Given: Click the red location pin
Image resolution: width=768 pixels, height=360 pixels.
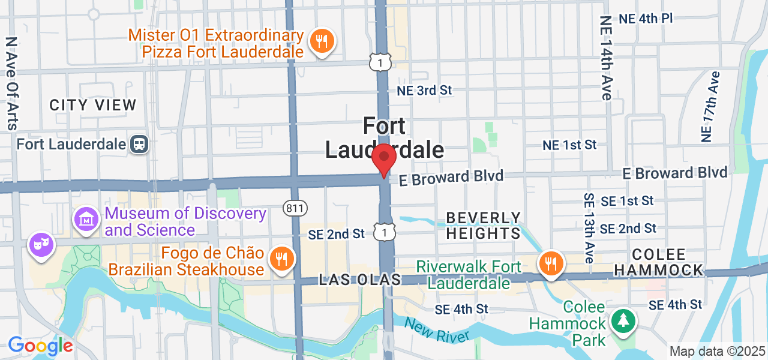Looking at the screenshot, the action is (384, 158).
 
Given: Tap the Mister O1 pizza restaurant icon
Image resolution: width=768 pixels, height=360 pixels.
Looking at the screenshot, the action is (322, 41).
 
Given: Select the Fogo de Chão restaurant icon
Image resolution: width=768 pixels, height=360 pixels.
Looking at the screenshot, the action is (280, 259).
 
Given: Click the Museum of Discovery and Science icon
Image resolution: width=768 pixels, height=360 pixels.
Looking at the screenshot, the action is (86, 220).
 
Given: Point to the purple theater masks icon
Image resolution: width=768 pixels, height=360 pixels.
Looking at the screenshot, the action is (41, 245).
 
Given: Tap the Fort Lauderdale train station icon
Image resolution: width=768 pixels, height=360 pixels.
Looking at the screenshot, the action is (140, 144).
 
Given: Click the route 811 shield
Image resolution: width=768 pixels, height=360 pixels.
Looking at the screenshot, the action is (295, 208).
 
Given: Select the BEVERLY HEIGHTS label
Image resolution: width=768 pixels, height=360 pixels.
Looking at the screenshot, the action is (484, 226).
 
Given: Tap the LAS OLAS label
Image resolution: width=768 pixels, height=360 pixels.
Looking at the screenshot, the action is (352, 280).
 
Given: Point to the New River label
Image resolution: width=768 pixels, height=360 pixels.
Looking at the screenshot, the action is (437, 329).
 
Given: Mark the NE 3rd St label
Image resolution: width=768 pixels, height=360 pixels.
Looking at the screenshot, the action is (424, 91).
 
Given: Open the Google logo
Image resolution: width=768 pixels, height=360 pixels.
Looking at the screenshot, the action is (40, 346).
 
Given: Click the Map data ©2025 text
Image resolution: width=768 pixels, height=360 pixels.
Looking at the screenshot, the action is (718, 351).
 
